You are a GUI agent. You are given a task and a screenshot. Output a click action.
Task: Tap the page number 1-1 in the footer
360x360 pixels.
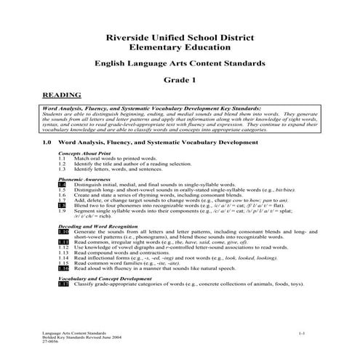coord(300,331)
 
